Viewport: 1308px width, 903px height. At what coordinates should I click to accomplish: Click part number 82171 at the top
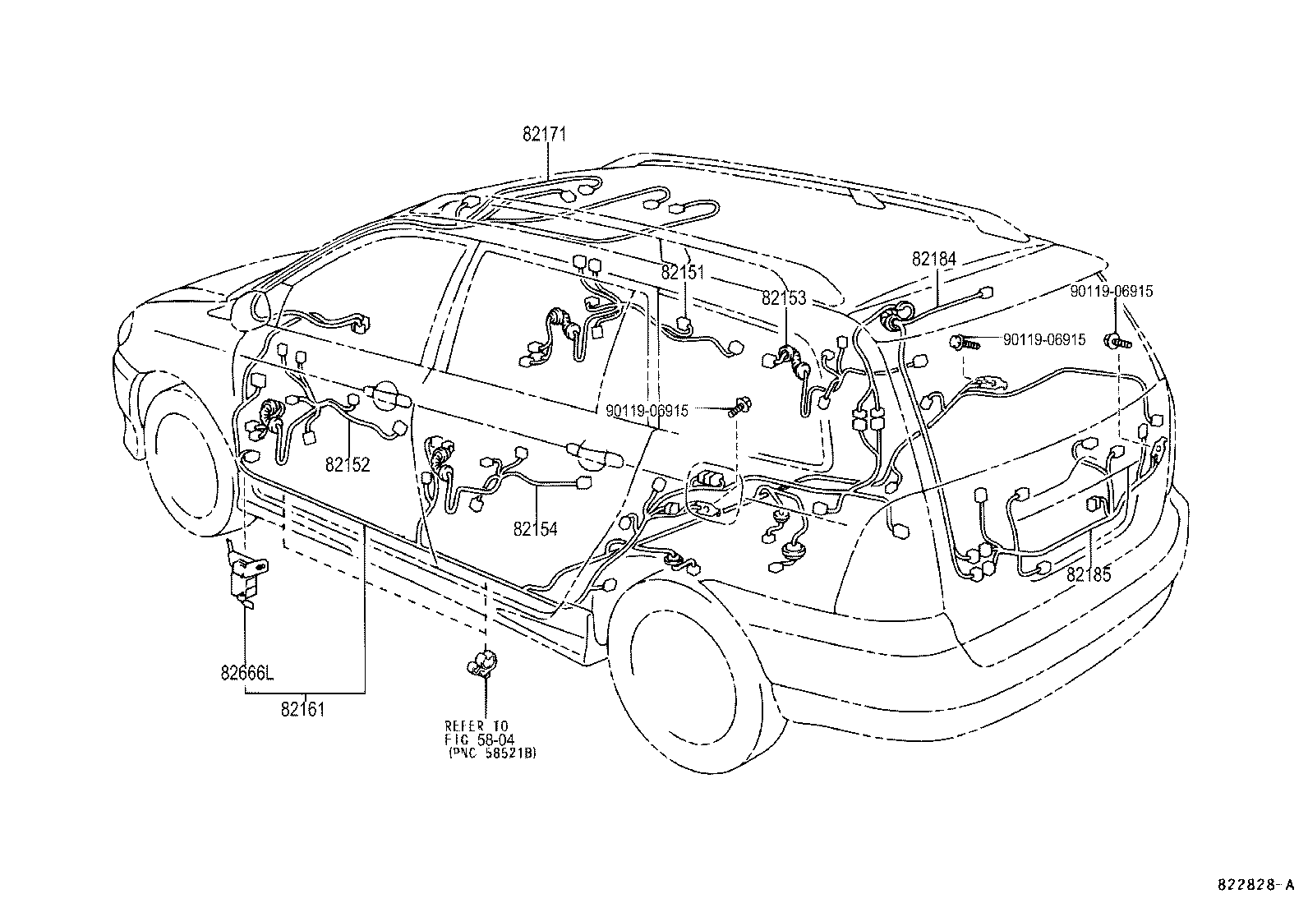click(x=544, y=135)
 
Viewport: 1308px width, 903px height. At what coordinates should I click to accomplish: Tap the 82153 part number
click(x=784, y=299)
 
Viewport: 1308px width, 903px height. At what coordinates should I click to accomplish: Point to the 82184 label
click(x=933, y=259)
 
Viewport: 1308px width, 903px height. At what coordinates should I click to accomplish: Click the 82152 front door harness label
click(x=348, y=465)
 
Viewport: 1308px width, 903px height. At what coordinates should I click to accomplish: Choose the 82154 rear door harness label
click(x=535, y=529)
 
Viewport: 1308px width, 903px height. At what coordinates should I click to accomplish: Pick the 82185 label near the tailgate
click(x=1089, y=575)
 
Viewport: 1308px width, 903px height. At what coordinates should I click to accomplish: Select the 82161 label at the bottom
click(x=302, y=709)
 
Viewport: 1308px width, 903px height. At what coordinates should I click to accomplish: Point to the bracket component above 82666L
click(x=244, y=575)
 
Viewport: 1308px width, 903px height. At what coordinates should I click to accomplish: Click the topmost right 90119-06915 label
click(x=1111, y=291)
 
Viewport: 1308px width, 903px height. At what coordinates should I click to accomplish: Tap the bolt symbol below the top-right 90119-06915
click(x=1117, y=341)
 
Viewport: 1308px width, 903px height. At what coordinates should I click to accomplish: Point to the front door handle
click(x=390, y=399)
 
